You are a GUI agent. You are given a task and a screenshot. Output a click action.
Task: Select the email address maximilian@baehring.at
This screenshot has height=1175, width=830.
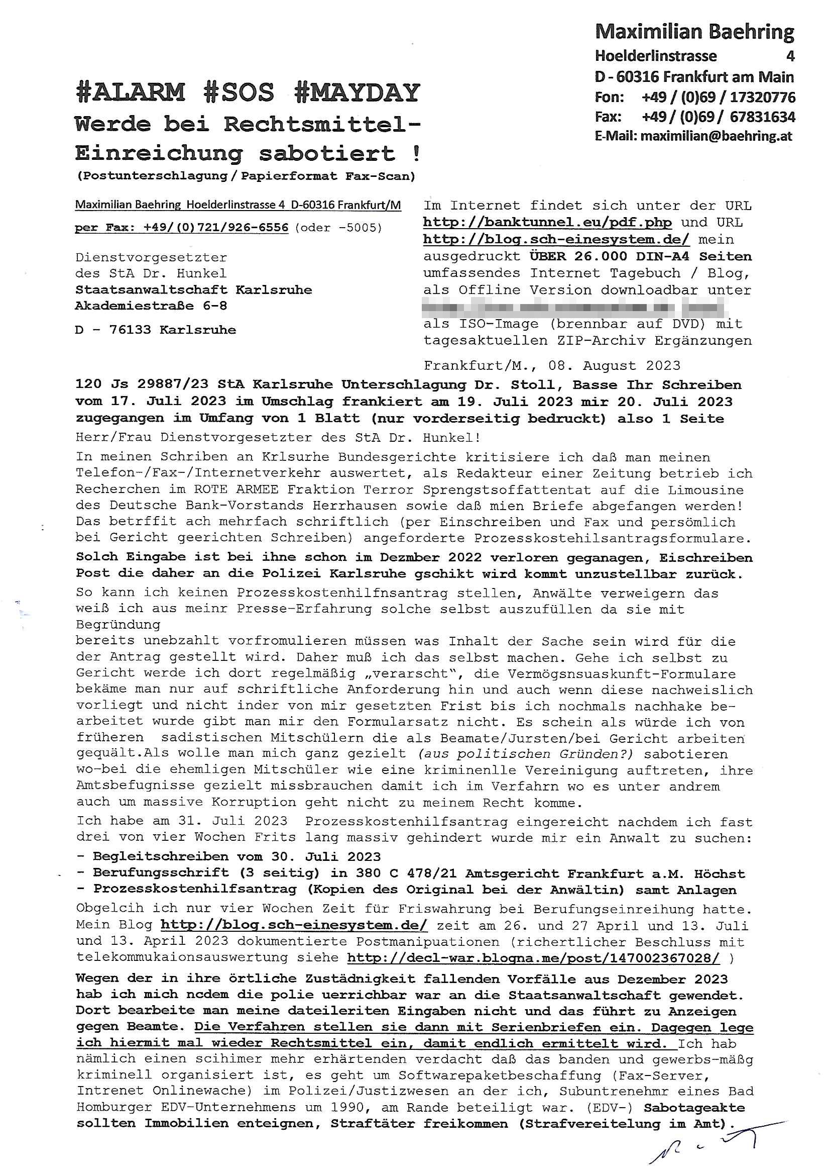716,136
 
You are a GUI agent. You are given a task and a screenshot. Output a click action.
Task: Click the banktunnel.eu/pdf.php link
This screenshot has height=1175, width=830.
547,223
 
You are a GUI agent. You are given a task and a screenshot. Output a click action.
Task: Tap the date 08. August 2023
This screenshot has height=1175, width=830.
614,365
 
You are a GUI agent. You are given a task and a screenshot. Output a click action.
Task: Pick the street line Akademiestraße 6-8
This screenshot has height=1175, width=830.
151,306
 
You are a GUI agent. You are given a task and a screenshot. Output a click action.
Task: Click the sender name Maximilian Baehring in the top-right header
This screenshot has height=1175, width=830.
694,32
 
